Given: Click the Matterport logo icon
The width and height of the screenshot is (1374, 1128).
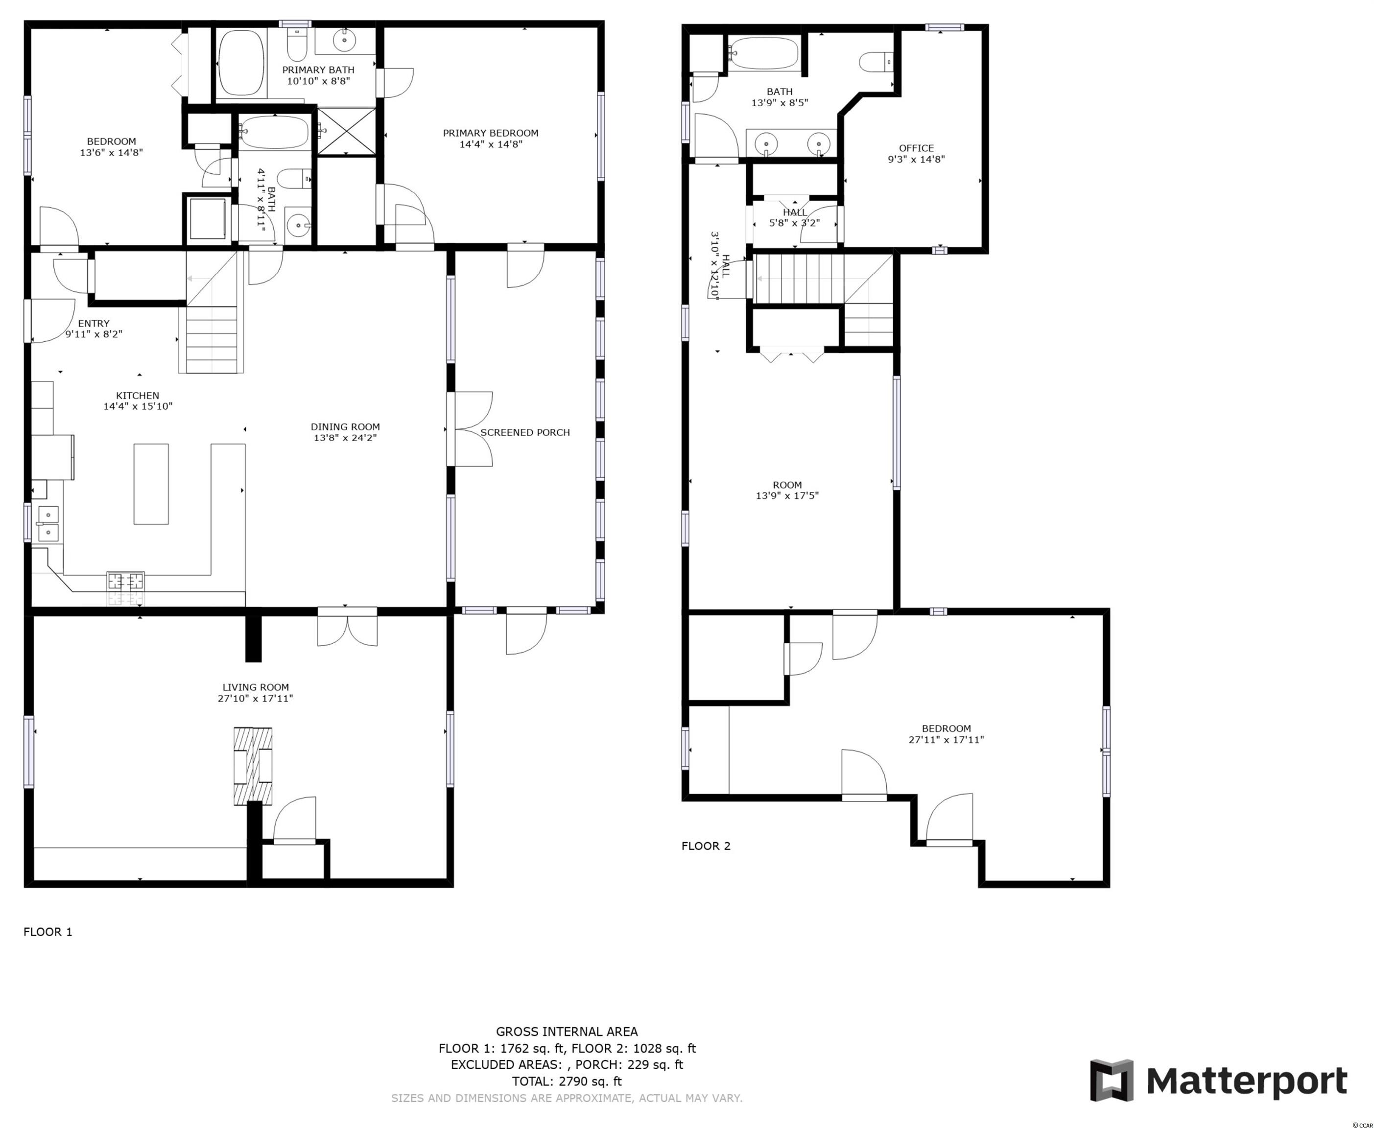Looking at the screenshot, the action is pyautogui.click(x=1112, y=1081).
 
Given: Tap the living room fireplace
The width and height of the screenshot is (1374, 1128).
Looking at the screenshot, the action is pyautogui.click(x=253, y=766).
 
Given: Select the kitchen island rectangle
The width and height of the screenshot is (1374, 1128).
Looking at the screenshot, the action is pyautogui.click(x=151, y=484).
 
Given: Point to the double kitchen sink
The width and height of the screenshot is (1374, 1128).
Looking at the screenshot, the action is pyautogui.click(x=48, y=524).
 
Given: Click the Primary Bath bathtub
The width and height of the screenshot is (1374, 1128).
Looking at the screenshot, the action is pyautogui.click(x=240, y=63).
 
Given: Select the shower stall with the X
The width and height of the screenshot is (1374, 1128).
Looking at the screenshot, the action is pyautogui.click(x=346, y=132).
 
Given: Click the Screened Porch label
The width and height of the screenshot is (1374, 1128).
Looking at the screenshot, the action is pyautogui.click(x=525, y=432).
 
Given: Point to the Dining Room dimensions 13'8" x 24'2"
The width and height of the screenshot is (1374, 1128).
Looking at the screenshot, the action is pyautogui.click(x=345, y=438).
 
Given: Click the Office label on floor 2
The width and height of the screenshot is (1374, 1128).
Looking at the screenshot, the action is pyautogui.click(x=917, y=148).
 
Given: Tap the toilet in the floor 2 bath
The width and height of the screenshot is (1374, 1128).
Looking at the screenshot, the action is pyautogui.click(x=876, y=62).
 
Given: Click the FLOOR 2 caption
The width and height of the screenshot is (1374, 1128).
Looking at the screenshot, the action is pyautogui.click(x=706, y=846).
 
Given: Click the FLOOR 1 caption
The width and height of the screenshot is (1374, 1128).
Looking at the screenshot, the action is pyautogui.click(x=48, y=932).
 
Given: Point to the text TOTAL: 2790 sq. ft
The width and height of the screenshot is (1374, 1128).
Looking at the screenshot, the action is pyautogui.click(x=567, y=1081).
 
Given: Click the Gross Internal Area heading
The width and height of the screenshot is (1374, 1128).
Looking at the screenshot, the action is pyautogui.click(x=567, y=1031).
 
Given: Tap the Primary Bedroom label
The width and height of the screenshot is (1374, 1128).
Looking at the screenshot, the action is pyautogui.click(x=491, y=133).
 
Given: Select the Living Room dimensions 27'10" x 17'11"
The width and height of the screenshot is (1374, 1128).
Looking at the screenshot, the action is pyautogui.click(x=256, y=699).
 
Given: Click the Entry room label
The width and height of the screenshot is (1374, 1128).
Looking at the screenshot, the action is pyautogui.click(x=94, y=323).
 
